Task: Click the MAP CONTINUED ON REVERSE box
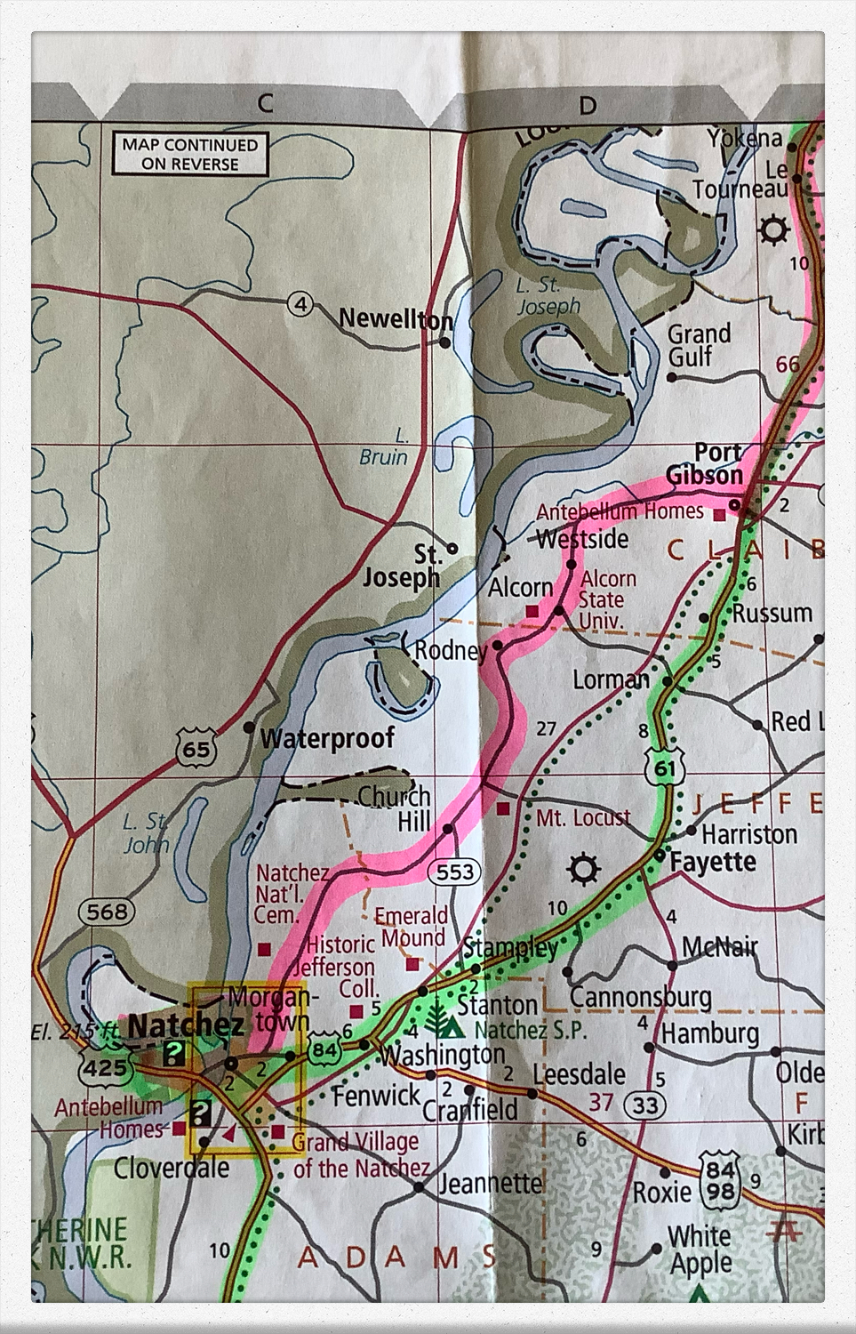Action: [189, 154]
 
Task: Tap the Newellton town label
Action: [396, 318]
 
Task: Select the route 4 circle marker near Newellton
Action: [301, 304]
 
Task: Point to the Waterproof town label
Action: [327, 738]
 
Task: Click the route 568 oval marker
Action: [108, 911]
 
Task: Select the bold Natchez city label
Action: [186, 1025]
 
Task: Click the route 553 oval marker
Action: [455, 872]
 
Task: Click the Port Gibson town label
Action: [708, 464]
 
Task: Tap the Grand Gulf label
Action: [698, 345]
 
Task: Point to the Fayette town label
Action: [713, 862]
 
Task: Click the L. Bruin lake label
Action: [385, 447]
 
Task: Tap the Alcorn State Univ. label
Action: [607, 599]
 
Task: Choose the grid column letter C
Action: [265, 103]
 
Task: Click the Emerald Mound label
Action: [410, 927]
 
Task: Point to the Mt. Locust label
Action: [583, 817]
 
